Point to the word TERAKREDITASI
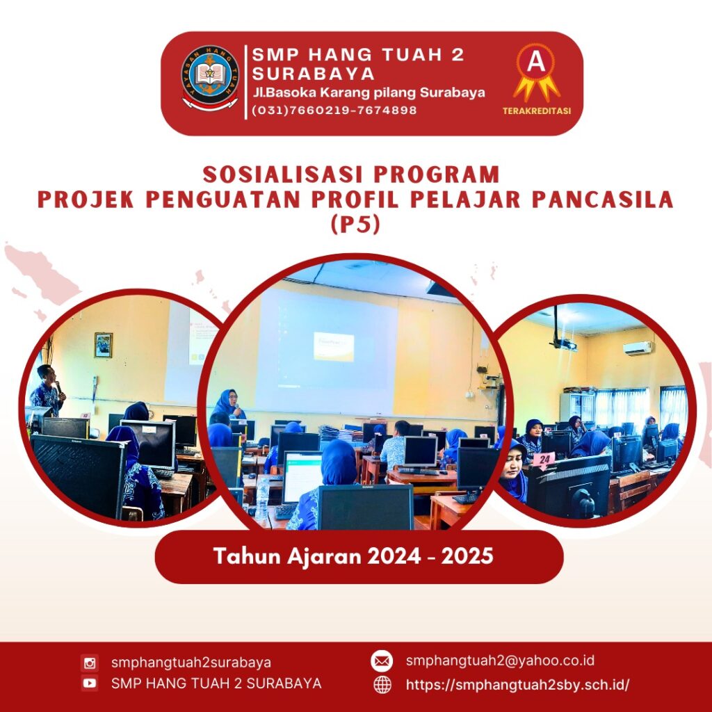536,111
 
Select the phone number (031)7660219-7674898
334,111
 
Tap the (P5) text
355,225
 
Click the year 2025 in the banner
467,556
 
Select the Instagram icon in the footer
90,663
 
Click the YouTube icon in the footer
90,683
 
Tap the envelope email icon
382,661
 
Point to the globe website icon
382,684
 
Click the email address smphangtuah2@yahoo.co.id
500,661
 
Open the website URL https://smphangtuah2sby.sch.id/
517,685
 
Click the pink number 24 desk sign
544,460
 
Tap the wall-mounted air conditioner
638,349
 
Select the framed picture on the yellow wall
104,345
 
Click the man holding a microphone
47,391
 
